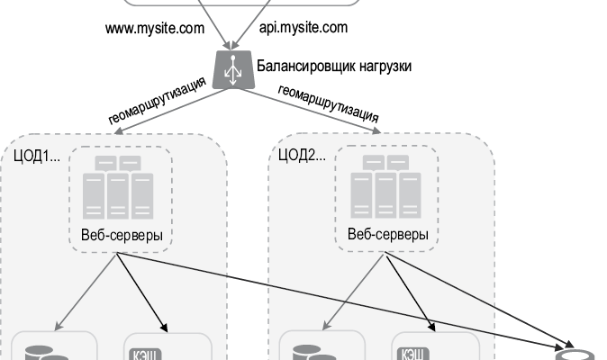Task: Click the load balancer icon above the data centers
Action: pyautogui.click(x=232, y=69)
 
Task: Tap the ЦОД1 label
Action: pyautogui.click(x=37, y=155)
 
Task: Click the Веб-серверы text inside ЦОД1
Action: pyautogui.click(x=118, y=235)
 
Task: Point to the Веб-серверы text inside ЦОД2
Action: pyautogui.click(x=387, y=235)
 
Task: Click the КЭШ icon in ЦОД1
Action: pyautogui.click(x=142, y=353)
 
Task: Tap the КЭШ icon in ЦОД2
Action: pyautogui.click(x=412, y=353)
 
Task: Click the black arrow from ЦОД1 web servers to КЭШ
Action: pyautogui.click(x=141, y=293)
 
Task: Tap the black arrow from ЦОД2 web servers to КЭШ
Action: pyautogui.click(x=412, y=293)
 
